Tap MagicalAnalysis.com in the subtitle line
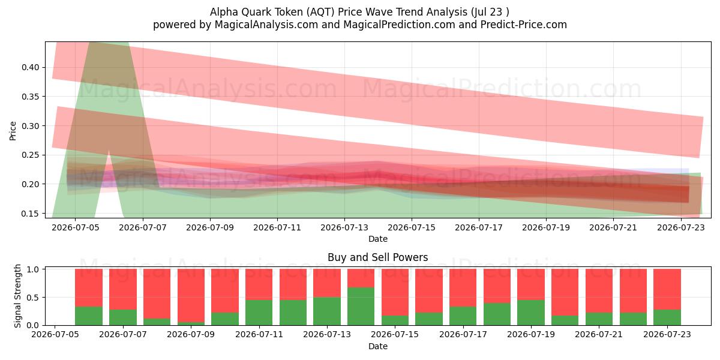[266, 25]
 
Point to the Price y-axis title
[13, 131]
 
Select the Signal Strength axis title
[17, 296]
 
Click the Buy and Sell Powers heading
[377, 257]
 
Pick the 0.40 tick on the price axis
[31, 67]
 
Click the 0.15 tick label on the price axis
[31, 214]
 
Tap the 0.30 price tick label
[31, 126]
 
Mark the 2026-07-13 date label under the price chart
[344, 227]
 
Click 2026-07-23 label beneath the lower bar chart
[667, 334]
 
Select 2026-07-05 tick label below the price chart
[76, 227]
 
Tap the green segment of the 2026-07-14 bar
[361, 307]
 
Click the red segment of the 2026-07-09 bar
[191, 295]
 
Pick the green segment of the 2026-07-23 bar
[667, 317]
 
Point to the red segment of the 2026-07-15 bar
[395, 292]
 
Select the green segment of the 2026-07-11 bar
[259, 313]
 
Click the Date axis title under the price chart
[377, 239]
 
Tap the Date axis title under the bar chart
[377, 346]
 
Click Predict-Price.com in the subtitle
[524, 25]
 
